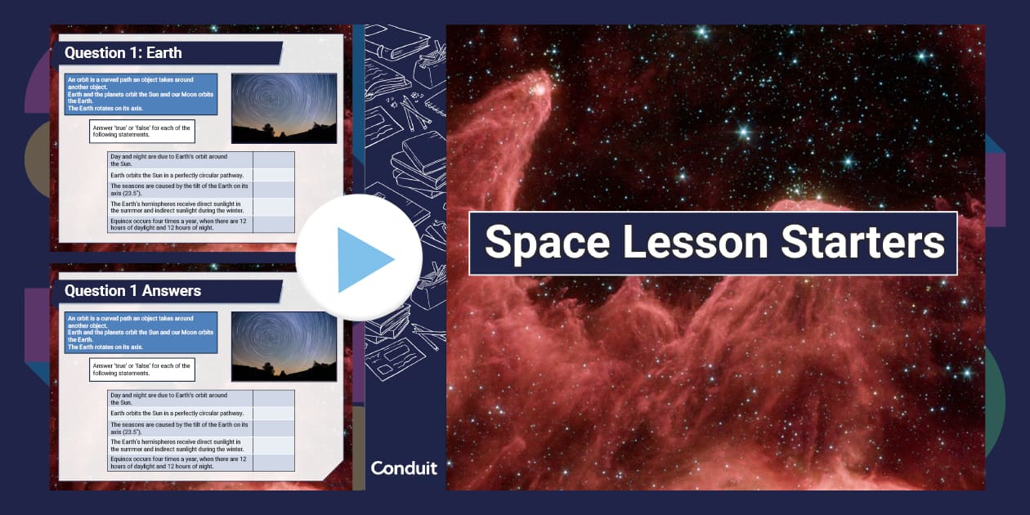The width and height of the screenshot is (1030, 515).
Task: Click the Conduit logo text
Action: pos(404,468)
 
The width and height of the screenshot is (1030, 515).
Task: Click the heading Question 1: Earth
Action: pos(123,53)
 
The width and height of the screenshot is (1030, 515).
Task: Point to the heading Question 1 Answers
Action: pos(132,290)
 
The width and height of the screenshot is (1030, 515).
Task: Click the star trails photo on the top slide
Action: pos(284,109)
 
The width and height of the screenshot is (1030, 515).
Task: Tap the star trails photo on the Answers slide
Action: pos(284,346)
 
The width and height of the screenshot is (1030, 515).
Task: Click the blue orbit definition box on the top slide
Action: pos(141,94)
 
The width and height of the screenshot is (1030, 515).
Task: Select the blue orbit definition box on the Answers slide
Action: pos(141,332)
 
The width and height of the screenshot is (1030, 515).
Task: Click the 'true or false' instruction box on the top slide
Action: pos(142,131)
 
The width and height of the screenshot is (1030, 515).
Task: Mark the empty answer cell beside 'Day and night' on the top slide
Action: pos(274,159)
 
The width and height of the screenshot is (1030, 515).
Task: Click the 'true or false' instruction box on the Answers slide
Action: pos(142,369)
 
